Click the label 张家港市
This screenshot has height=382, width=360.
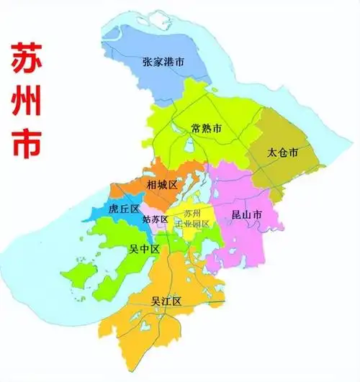click(163, 62)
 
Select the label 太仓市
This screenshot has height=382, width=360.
click(282, 153)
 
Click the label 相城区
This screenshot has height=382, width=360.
click(161, 184)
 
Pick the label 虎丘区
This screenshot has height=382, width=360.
click(122, 209)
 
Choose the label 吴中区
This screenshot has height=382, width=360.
click(145, 249)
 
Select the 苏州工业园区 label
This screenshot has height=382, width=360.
click(192, 219)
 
